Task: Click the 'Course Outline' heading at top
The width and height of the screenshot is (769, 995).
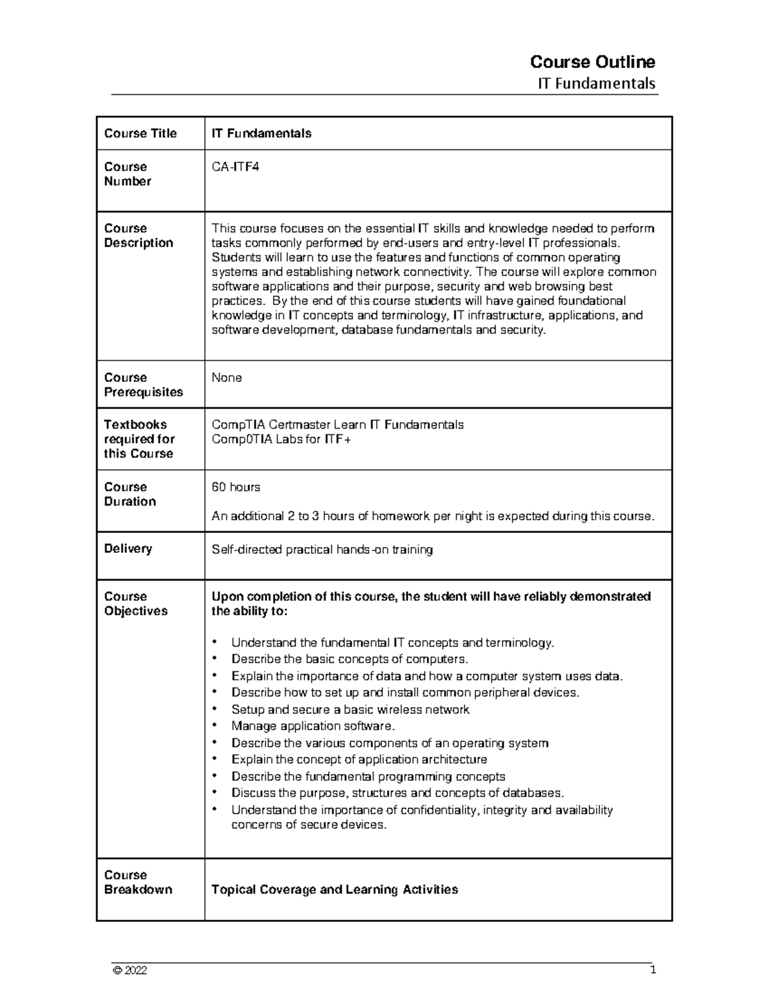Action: click(592, 62)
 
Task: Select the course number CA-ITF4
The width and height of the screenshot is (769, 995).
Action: click(235, 167)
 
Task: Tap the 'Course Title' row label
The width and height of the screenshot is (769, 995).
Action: click(140, 133)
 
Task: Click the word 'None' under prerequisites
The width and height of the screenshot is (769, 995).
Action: click(227, 378)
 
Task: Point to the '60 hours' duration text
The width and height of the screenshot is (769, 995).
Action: click(236, 488)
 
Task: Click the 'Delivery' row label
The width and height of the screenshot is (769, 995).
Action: click(128, 549)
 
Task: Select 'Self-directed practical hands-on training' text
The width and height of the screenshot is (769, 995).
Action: click(322, 550)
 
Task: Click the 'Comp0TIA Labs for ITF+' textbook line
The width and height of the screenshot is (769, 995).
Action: click(281, 440)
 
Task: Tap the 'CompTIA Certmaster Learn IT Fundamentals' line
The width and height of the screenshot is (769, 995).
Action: click(338, 425)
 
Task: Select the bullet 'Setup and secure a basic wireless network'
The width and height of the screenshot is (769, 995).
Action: click(350, 709)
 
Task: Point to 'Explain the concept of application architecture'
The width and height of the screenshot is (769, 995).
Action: click(359, 759)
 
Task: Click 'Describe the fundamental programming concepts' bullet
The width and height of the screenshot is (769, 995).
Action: click(368, 777)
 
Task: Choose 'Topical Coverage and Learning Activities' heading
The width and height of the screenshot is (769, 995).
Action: click(335, 889)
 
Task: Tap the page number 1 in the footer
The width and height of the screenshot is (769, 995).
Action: click(653, 969)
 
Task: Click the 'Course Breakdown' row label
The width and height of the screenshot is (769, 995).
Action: click(138, 882)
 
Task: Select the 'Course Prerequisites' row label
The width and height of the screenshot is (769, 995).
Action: click(143, 385)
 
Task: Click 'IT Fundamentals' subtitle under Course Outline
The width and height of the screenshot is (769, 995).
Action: click(596, 83)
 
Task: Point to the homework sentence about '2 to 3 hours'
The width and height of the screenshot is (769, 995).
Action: click(433, 516)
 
